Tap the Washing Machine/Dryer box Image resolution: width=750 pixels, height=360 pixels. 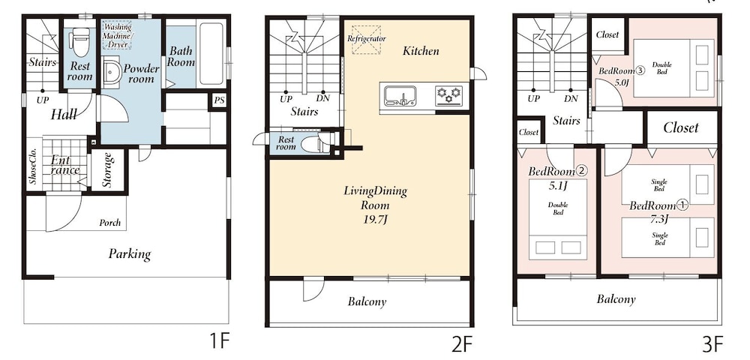[118, 34]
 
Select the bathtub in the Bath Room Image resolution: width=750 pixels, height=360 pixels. [211, 54]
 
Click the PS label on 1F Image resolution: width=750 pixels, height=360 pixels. [219, 101]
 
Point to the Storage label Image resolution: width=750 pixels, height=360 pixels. [106, 169]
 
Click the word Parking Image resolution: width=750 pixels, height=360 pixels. [130, 253]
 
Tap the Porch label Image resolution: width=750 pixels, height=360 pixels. [110, 223]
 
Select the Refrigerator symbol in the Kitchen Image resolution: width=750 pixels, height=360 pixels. [367, 39]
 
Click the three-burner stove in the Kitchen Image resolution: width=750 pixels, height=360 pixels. [448, 95]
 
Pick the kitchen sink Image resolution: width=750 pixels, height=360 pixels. [400, 95]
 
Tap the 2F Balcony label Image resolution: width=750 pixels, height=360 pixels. [367, 301]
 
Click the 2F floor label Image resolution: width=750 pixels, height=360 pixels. [462, 343]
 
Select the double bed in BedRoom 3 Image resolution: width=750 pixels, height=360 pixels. [673, 65]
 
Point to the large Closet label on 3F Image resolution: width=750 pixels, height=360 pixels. [681, 127]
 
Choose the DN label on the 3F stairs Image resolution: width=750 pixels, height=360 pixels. [571, 99]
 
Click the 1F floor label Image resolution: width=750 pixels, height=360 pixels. [220, 342]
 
